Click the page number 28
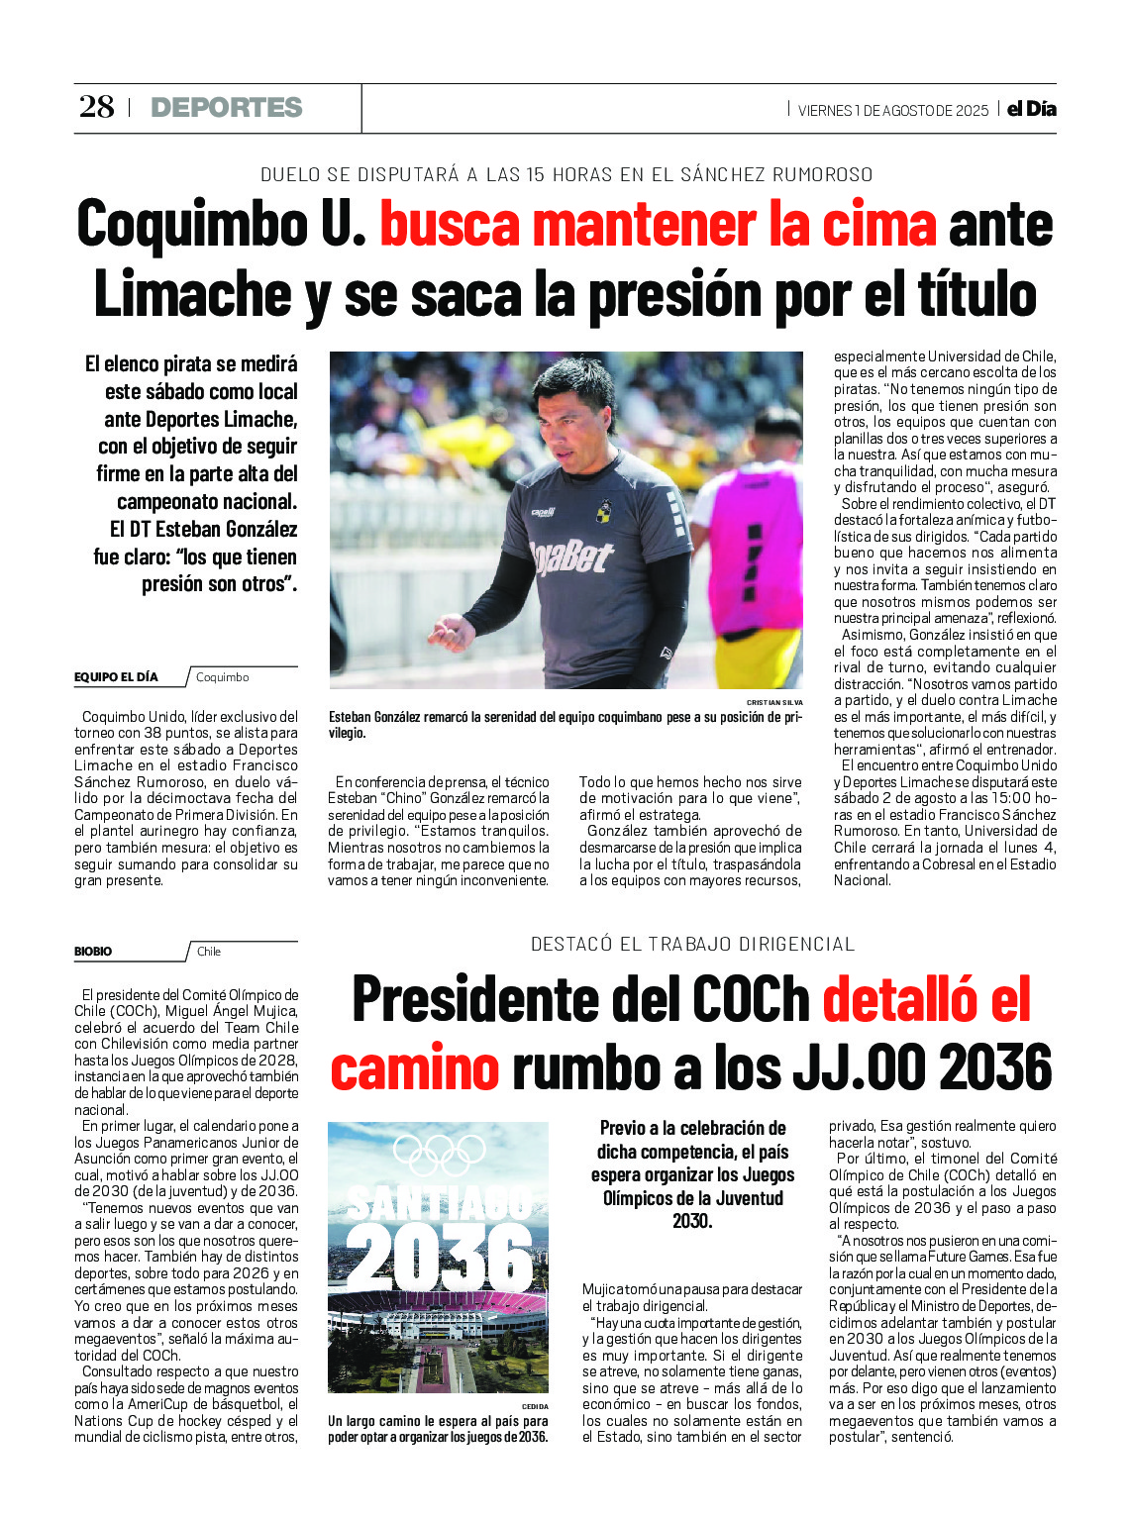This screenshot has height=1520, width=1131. [x=97, y=107]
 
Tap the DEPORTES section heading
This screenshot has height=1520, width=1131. [x=226, y=108]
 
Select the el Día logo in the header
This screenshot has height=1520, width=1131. [x=1031, y=109]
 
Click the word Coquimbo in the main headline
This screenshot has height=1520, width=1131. [x=192, y=225]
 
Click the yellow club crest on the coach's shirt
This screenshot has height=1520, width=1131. [x=603, y=511]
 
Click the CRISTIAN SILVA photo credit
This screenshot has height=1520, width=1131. [x=774, y=702]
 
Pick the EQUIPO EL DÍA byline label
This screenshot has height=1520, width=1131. [x=116, y=677]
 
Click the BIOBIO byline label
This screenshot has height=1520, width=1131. [x=93, y=952]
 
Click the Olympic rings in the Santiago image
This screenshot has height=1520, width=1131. [x=439, y=1155]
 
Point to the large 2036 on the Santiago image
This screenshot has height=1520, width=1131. [x=440, y=1257]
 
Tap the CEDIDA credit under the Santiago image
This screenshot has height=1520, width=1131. [x=534, y=1406]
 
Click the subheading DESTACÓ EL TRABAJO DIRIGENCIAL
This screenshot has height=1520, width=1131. [x=692, y=945]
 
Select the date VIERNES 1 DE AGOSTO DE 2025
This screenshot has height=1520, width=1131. [x=892, y=111]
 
